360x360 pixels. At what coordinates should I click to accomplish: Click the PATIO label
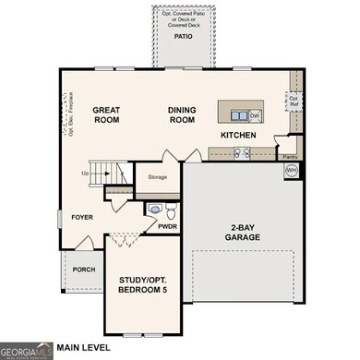(184, 37)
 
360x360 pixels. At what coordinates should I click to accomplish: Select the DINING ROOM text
(182, 114)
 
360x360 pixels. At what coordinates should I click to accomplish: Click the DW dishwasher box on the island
(255, 115)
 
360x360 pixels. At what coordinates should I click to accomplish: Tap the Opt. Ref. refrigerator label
(294, 99)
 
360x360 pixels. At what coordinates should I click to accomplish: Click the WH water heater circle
(292, 170)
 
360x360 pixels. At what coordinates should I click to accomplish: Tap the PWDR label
(167, 225)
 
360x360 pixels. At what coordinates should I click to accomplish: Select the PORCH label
(84, 270)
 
